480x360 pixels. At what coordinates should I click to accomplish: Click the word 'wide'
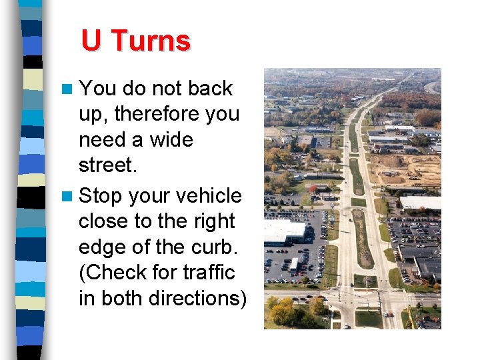(x=171, y=140)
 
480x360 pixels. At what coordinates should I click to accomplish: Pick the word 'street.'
(x=107, y=165)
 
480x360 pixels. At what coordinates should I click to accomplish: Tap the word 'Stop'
(x=101, y=197)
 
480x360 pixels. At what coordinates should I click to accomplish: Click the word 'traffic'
(x=210, y=273)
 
